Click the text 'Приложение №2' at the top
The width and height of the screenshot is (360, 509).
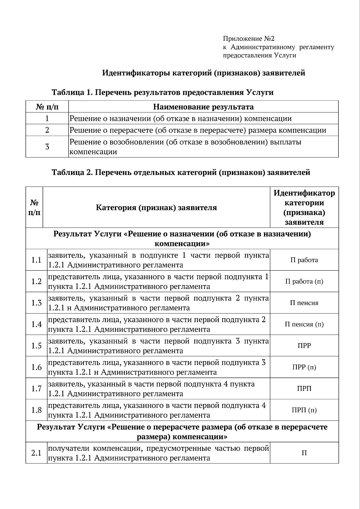click(248, 39)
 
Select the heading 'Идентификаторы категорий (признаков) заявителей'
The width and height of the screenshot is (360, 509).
click(204, 73)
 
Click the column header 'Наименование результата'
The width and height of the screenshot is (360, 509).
click(203, 107)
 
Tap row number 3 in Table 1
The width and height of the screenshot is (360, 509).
click(47, 147)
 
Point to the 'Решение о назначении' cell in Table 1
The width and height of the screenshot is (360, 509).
click(180, 118)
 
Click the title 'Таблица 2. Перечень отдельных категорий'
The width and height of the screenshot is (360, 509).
click(181, 172)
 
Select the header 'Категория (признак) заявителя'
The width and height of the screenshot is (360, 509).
click(156, 208)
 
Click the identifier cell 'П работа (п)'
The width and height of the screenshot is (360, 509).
click(304, 281)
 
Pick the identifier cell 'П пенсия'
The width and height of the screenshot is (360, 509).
click(304, 303)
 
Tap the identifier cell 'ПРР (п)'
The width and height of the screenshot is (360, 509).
click(304, 367)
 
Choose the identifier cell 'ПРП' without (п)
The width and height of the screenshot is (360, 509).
click(304, 389)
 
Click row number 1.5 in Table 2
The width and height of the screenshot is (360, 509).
click(36, 346)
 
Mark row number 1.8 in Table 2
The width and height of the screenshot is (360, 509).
click(36, 410)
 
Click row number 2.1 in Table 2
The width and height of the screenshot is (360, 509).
click(36, 453)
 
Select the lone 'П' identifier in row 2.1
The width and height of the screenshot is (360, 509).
click(304, 453)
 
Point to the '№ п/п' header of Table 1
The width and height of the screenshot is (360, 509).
click(47, 107)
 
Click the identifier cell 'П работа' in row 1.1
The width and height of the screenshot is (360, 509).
click(304, 260)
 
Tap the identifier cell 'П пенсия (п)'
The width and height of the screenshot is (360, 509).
click(304, 324)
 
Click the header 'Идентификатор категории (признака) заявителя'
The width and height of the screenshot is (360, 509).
click(304, 208)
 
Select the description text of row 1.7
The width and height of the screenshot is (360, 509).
click(151, 389)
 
